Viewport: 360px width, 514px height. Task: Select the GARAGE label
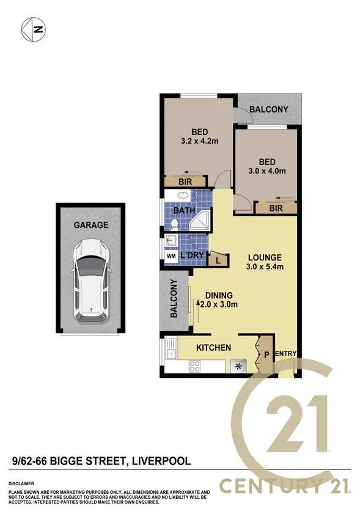(x=90, y=225)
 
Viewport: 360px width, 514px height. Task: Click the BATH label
(x=185, y=211)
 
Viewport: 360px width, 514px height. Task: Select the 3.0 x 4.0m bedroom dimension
(x=268, y=171)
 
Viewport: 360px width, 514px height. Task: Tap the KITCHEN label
(x=213, y=348)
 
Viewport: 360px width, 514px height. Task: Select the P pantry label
(x=266, y=353)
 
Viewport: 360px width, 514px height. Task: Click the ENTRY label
(x=286, y=354)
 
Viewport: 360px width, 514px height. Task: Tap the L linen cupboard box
(x=218, y=260)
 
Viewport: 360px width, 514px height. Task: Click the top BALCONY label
(x=269, y=109)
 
